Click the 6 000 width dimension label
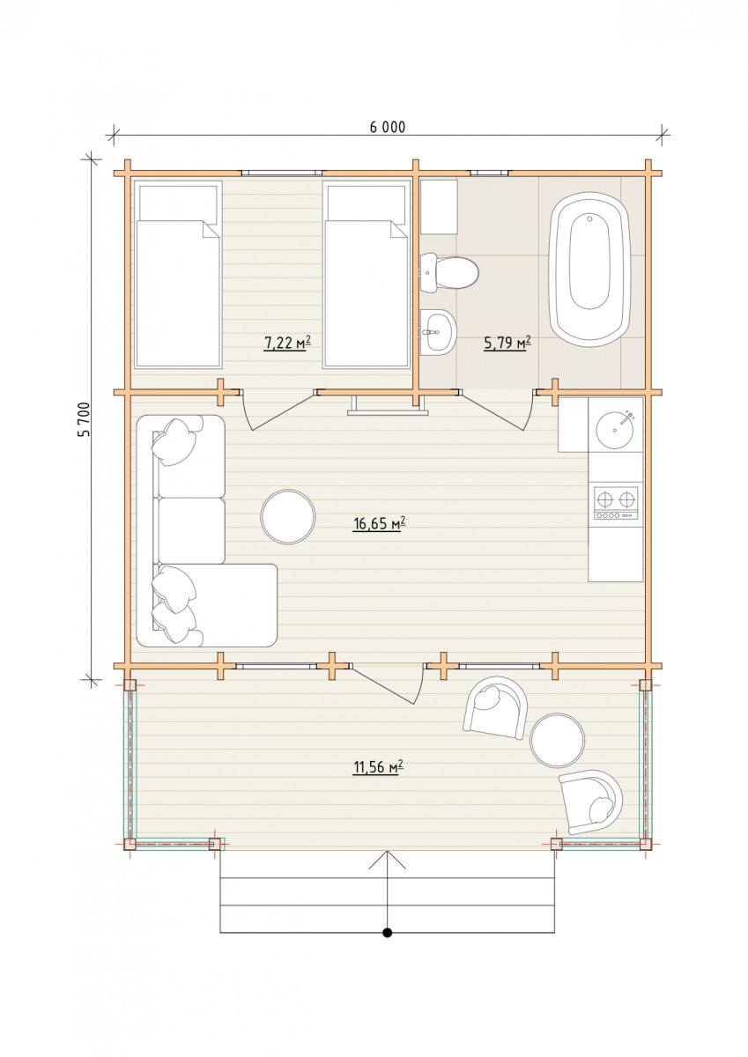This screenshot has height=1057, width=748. [x=387, y=127]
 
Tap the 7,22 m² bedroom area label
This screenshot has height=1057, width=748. [x=287, y=343]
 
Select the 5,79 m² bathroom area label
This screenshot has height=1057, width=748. [x=507, y=343]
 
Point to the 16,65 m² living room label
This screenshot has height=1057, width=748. [x=380, y=523]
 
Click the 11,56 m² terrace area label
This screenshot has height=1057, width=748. [x=379, y=768]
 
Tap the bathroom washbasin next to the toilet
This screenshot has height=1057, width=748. [x=439, y=332]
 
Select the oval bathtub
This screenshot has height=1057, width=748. [x=590, y=269]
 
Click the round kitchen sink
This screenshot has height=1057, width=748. [x=615, y=430]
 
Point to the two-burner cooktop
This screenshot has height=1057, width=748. [x=616, y=504]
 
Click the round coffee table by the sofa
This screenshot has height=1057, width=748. [x=288, y=517]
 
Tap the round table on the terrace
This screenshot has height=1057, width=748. [x=558, y=740]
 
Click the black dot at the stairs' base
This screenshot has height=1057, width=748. [x=387, y=933]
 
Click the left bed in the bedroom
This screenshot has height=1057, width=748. [x=178, y=274]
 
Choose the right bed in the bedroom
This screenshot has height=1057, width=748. [x=367, y=274]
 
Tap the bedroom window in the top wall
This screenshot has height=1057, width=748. [x=282, y=174]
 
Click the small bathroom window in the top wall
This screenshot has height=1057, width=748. [x=489, y=174]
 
